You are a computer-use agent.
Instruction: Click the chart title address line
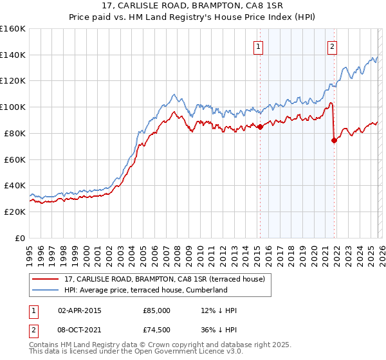tap(192, 6)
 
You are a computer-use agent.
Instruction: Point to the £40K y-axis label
tap(15, 185)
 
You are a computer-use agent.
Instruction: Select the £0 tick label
tap(21, 238)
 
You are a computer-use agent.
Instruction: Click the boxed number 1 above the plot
tap(258, 46)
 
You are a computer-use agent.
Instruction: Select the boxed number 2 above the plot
tap(332, 46)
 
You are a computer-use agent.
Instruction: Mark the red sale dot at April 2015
tap(260, 127)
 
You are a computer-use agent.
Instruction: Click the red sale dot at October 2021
tap(334, 141)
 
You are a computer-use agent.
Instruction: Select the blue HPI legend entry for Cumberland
tap(145, 290)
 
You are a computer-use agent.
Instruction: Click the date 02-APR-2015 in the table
tap(80, 310)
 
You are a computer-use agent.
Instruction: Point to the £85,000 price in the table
tap(156, 310)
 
